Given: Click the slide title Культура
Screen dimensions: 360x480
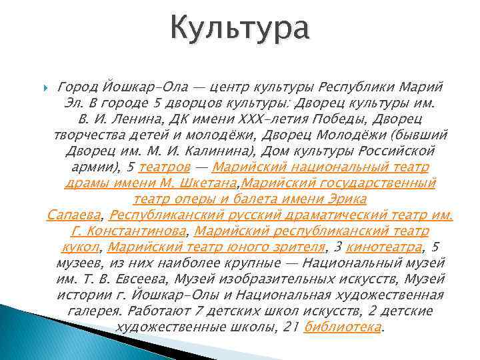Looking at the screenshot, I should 239,30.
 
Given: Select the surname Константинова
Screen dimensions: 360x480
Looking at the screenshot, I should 137,231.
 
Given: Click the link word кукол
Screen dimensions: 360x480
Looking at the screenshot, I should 83,247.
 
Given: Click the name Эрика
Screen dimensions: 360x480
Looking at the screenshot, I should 347,199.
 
